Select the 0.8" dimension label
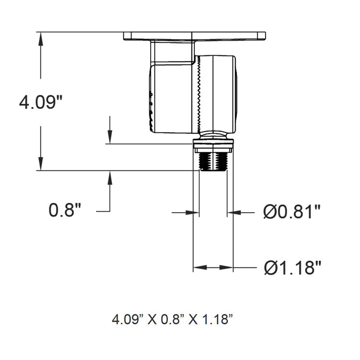(x=65, y=210)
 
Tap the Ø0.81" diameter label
(x=292, y=211)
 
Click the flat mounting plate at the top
(x=194, y=36)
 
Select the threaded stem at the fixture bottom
(x=213, y=162)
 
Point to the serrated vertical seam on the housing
(x=197, y=94)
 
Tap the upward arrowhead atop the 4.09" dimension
(x=41, y=39)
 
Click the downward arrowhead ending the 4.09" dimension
(x=41, y=164)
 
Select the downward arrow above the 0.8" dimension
(x=110, y=137)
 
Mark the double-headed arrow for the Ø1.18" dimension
(x=213, y=267)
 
